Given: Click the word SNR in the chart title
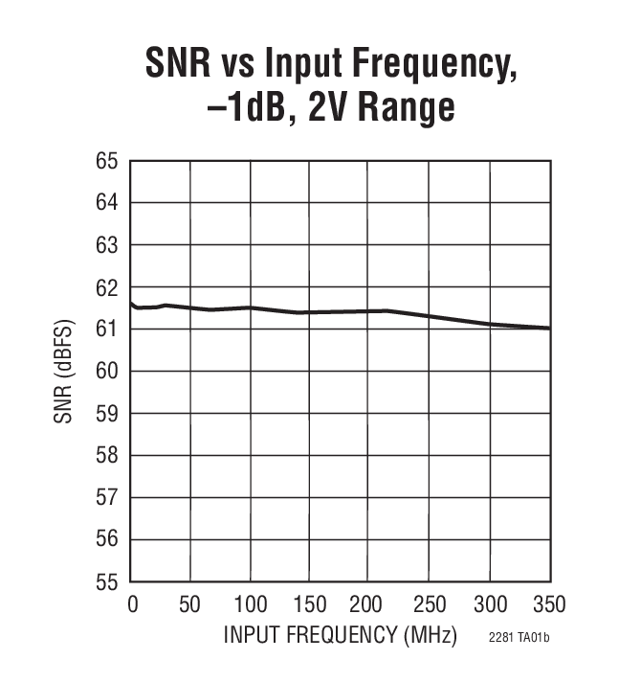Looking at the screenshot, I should (x=180, y=64).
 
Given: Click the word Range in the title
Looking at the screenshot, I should (x=403, y=107).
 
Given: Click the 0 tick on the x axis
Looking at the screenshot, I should (x=132, y=604).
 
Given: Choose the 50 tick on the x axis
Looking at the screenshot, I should (x=190, y=604).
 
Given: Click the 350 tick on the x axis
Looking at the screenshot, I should (x=549, y=604).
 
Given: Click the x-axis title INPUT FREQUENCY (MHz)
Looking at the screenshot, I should (x=341, y=635).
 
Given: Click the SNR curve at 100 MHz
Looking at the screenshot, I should (x=250, y=307).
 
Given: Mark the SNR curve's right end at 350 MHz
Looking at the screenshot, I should (x=549, y=329).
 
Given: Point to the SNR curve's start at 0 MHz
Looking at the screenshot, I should (x=131, y=303).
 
